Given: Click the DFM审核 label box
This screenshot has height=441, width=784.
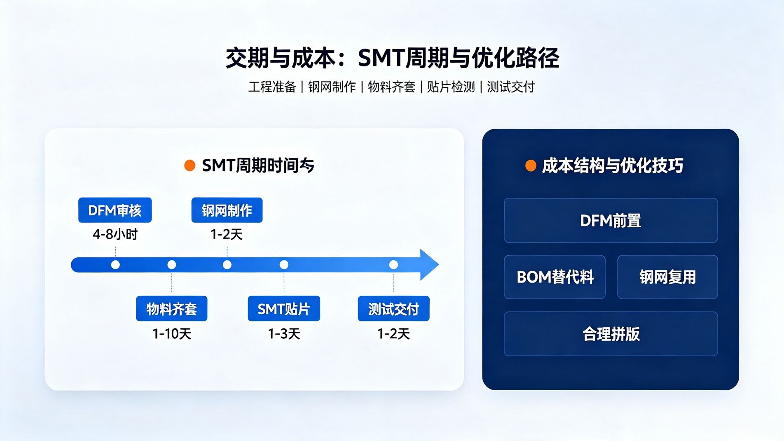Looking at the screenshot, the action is click(115, 210).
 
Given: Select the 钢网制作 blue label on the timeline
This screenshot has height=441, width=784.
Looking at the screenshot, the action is click(227, 210).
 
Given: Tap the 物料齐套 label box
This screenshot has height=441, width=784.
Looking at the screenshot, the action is click(172, 309).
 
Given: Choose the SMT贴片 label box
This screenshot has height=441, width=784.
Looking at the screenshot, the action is click(284, 309).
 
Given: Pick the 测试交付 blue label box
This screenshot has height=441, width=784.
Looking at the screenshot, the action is click(393, 309).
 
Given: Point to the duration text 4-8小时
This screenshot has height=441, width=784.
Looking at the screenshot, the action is click(115, 234).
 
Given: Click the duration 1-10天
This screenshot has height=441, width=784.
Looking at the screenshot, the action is click(172, 334).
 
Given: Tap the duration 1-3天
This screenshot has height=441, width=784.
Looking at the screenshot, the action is click(284, 334).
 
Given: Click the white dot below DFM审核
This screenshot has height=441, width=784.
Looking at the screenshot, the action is click(115, 265).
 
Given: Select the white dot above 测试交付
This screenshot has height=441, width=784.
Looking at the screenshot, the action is click(393, 265).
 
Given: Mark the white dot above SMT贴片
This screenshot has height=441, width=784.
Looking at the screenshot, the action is click(284, 265).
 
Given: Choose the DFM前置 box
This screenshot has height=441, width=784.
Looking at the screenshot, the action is click(611, 220).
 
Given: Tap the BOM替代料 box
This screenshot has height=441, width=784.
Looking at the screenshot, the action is click(555, 277).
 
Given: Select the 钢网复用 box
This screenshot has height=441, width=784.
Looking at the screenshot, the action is click(667, 277).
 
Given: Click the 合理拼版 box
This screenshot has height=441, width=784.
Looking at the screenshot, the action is click(611, 334).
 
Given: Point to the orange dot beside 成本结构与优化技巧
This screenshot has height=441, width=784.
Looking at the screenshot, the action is click(531, 166).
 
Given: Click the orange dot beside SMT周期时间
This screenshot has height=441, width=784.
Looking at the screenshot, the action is click(190, 165).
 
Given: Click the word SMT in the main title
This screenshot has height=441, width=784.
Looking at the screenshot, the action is click(381, 58).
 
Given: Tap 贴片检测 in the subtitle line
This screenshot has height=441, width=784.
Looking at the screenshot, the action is click(451, 87).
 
